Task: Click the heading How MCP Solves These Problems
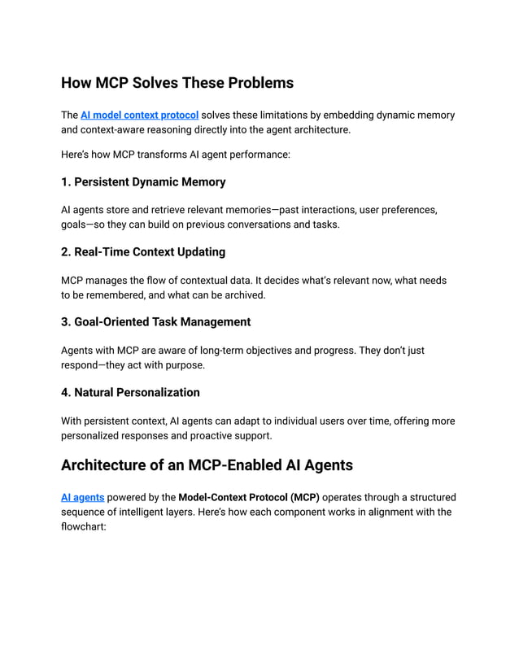click(177, 83)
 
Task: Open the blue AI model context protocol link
click(139, 116)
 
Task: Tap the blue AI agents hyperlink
click(82, 497)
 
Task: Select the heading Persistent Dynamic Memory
click(143, 181)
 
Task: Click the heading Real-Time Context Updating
click(143, 251)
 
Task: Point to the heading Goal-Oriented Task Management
click(155, 322)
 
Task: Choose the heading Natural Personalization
click(130, 392)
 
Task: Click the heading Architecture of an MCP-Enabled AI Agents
click(207, 465)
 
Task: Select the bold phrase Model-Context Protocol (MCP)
click(249, 497)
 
